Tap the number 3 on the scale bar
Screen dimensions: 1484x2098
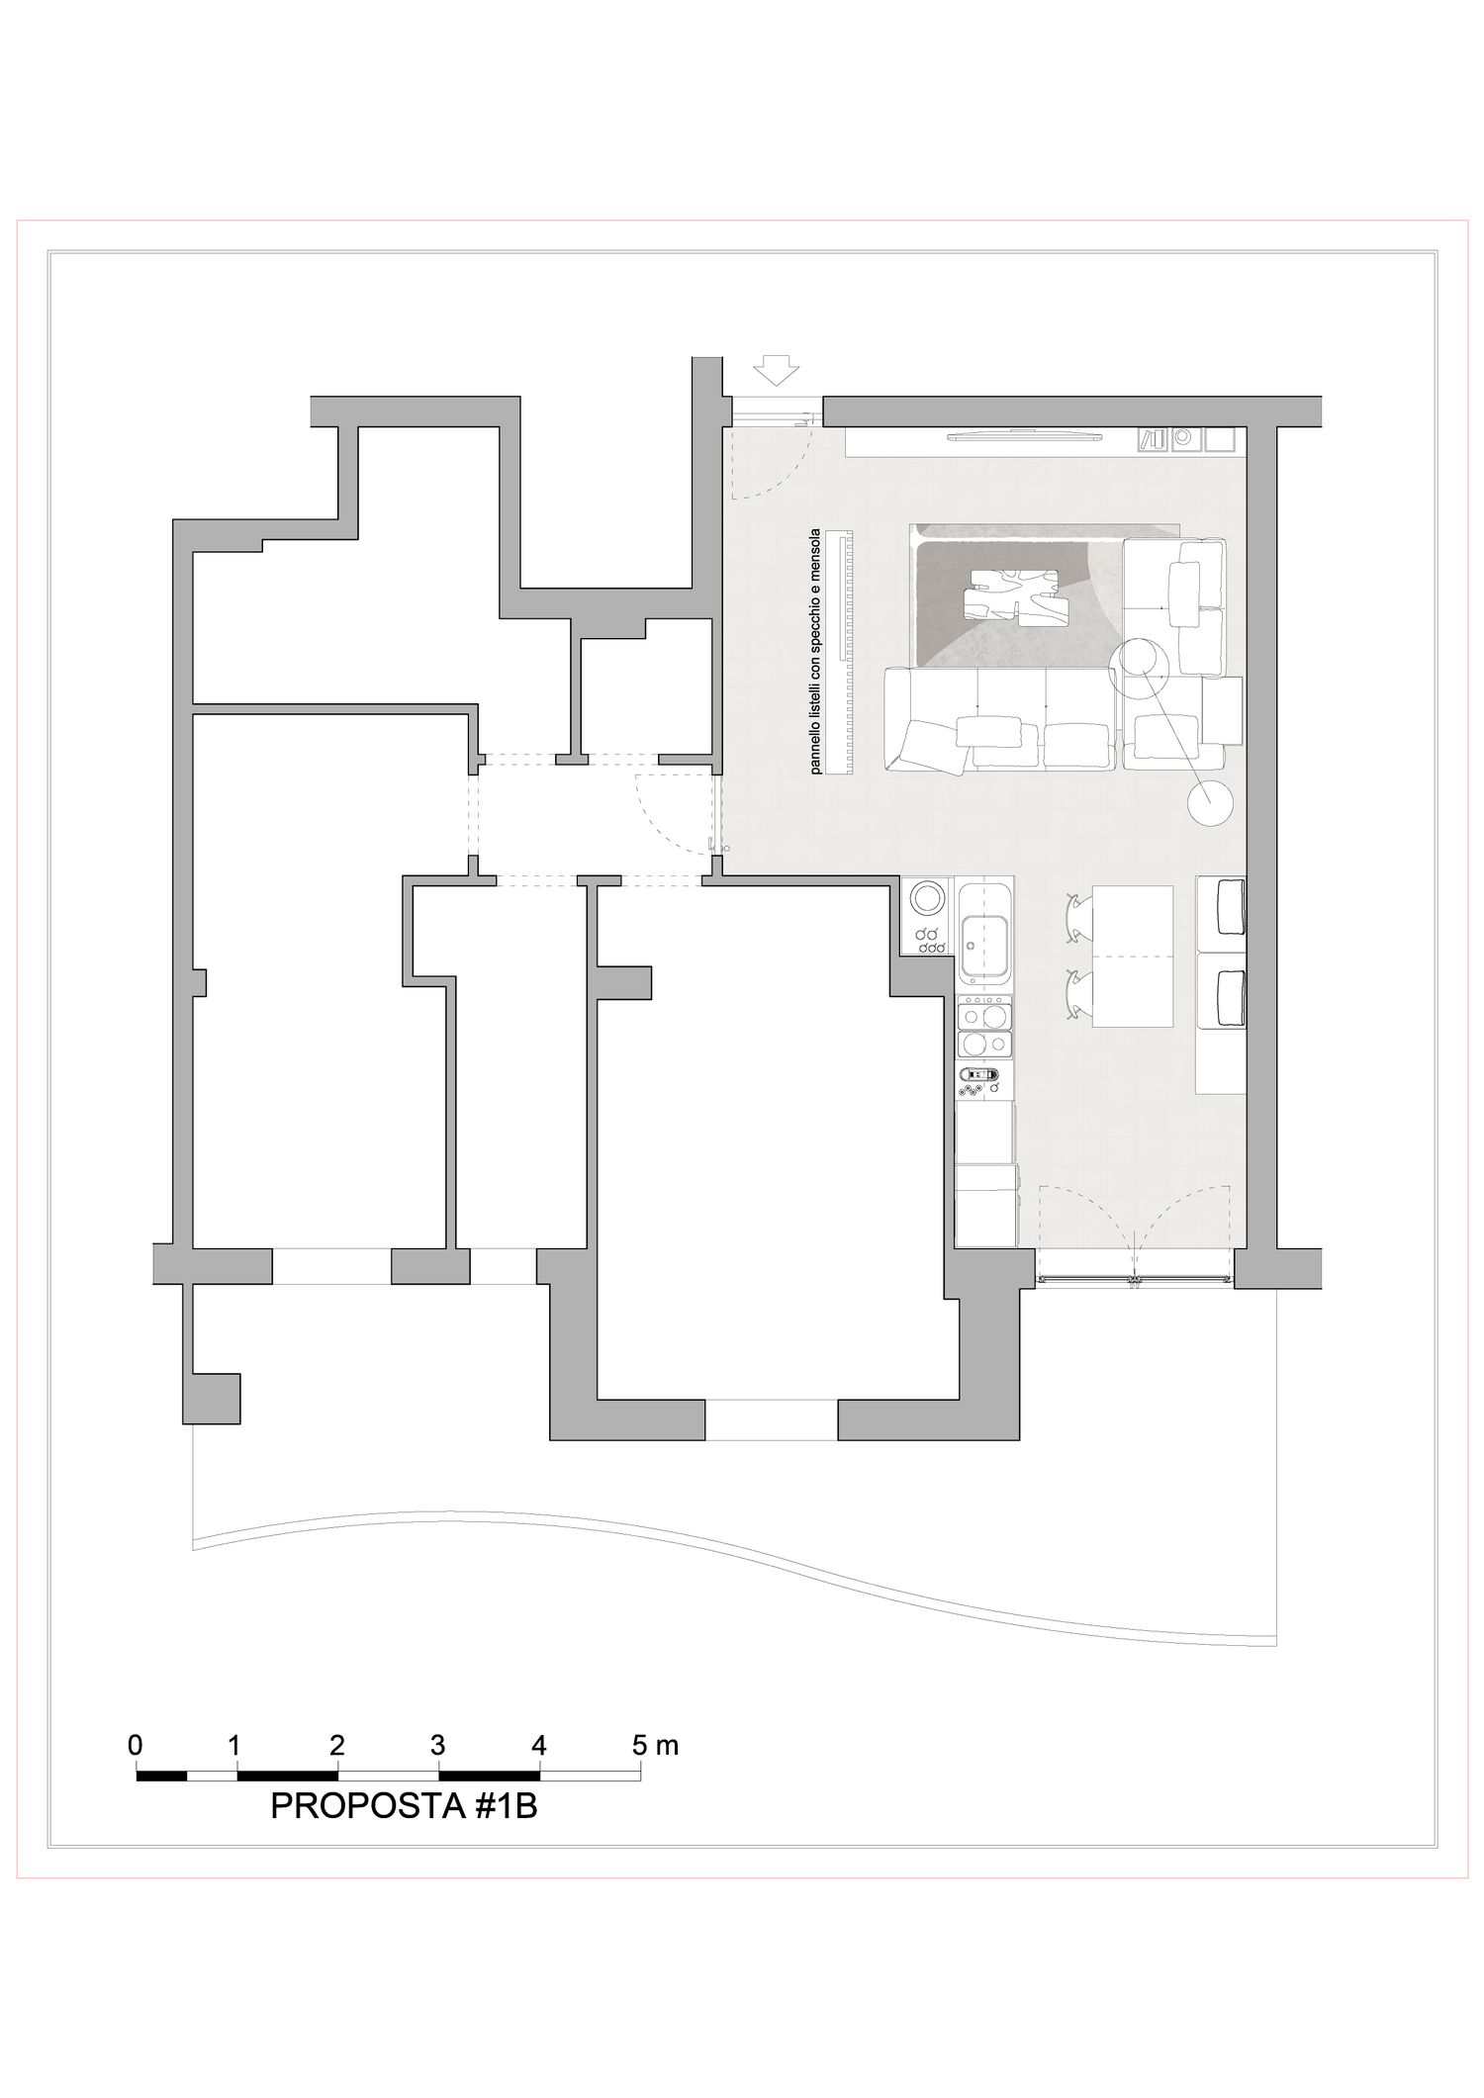(x=438, y=1744)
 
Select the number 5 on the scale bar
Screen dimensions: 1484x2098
(x=640, y=1744)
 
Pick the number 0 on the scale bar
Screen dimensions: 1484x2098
(x=136, y=1744)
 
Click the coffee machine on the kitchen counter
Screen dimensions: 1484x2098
(x=980, y=1074)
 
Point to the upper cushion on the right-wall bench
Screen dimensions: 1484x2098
(x=1230, y=905)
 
